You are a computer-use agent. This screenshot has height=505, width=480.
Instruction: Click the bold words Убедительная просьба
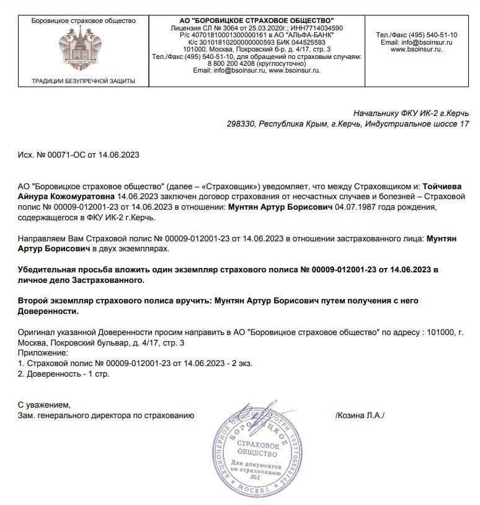[66, 270]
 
